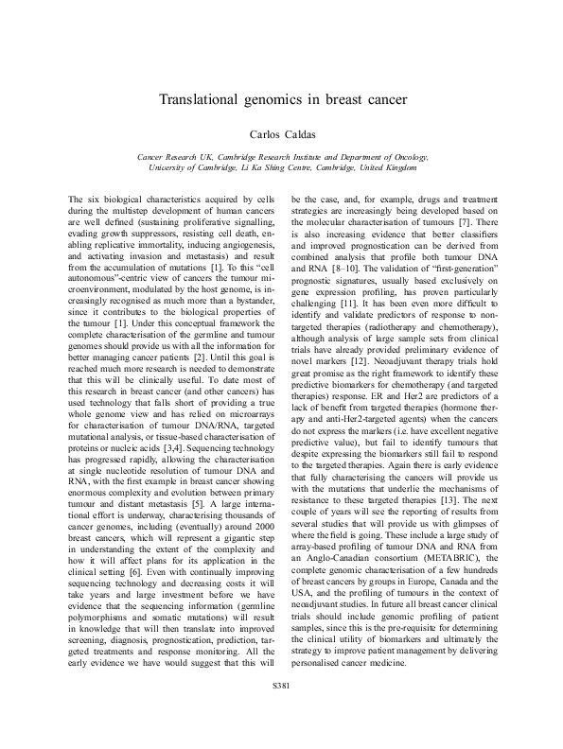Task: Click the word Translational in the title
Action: coord(202,99)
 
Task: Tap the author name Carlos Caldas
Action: coord(281,134)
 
